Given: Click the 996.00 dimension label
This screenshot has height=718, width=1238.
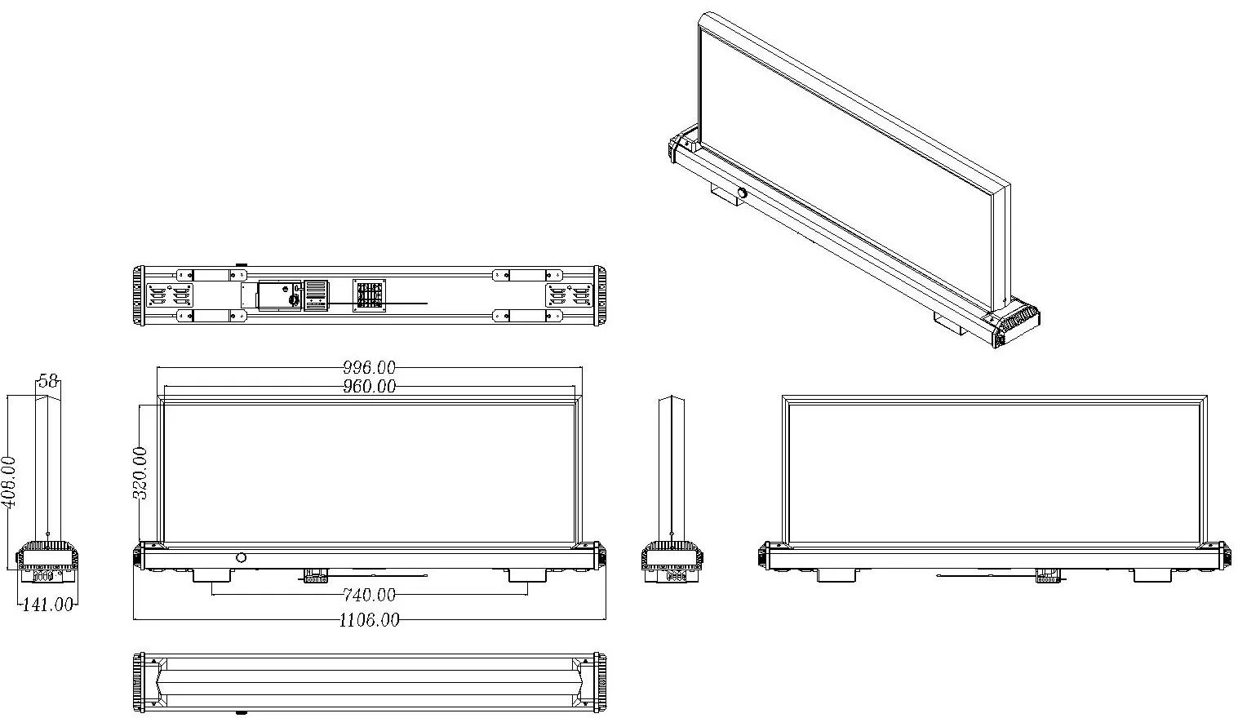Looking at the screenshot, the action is click(x=369, y=368).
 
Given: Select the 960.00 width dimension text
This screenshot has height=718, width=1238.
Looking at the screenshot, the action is click(x=369, y=386).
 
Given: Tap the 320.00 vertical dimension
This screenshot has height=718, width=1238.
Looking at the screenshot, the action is click(x=140, y=472).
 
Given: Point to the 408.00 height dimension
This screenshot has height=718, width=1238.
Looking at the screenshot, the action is click(x=9, y=481).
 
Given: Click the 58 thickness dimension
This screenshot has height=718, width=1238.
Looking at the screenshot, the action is click(x=48, y=381).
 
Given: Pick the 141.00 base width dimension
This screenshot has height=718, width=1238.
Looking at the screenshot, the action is click(x=47, y=604).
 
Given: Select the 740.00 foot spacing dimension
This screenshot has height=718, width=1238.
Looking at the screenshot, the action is click(x=369, y=594).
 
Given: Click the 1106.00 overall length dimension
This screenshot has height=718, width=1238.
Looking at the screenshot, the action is click(x=369, y=620).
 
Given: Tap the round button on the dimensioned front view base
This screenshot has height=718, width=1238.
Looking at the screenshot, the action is click(x=241, y=557).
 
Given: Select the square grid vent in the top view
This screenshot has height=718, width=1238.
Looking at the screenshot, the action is click(x=369, y=295).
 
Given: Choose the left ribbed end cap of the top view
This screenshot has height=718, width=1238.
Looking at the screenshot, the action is click(x=139, y=295).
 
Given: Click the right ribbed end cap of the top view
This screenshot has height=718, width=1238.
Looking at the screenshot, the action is click(x=600, y=295).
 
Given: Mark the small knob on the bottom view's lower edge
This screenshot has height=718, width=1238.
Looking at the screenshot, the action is click(x=241, y=712).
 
